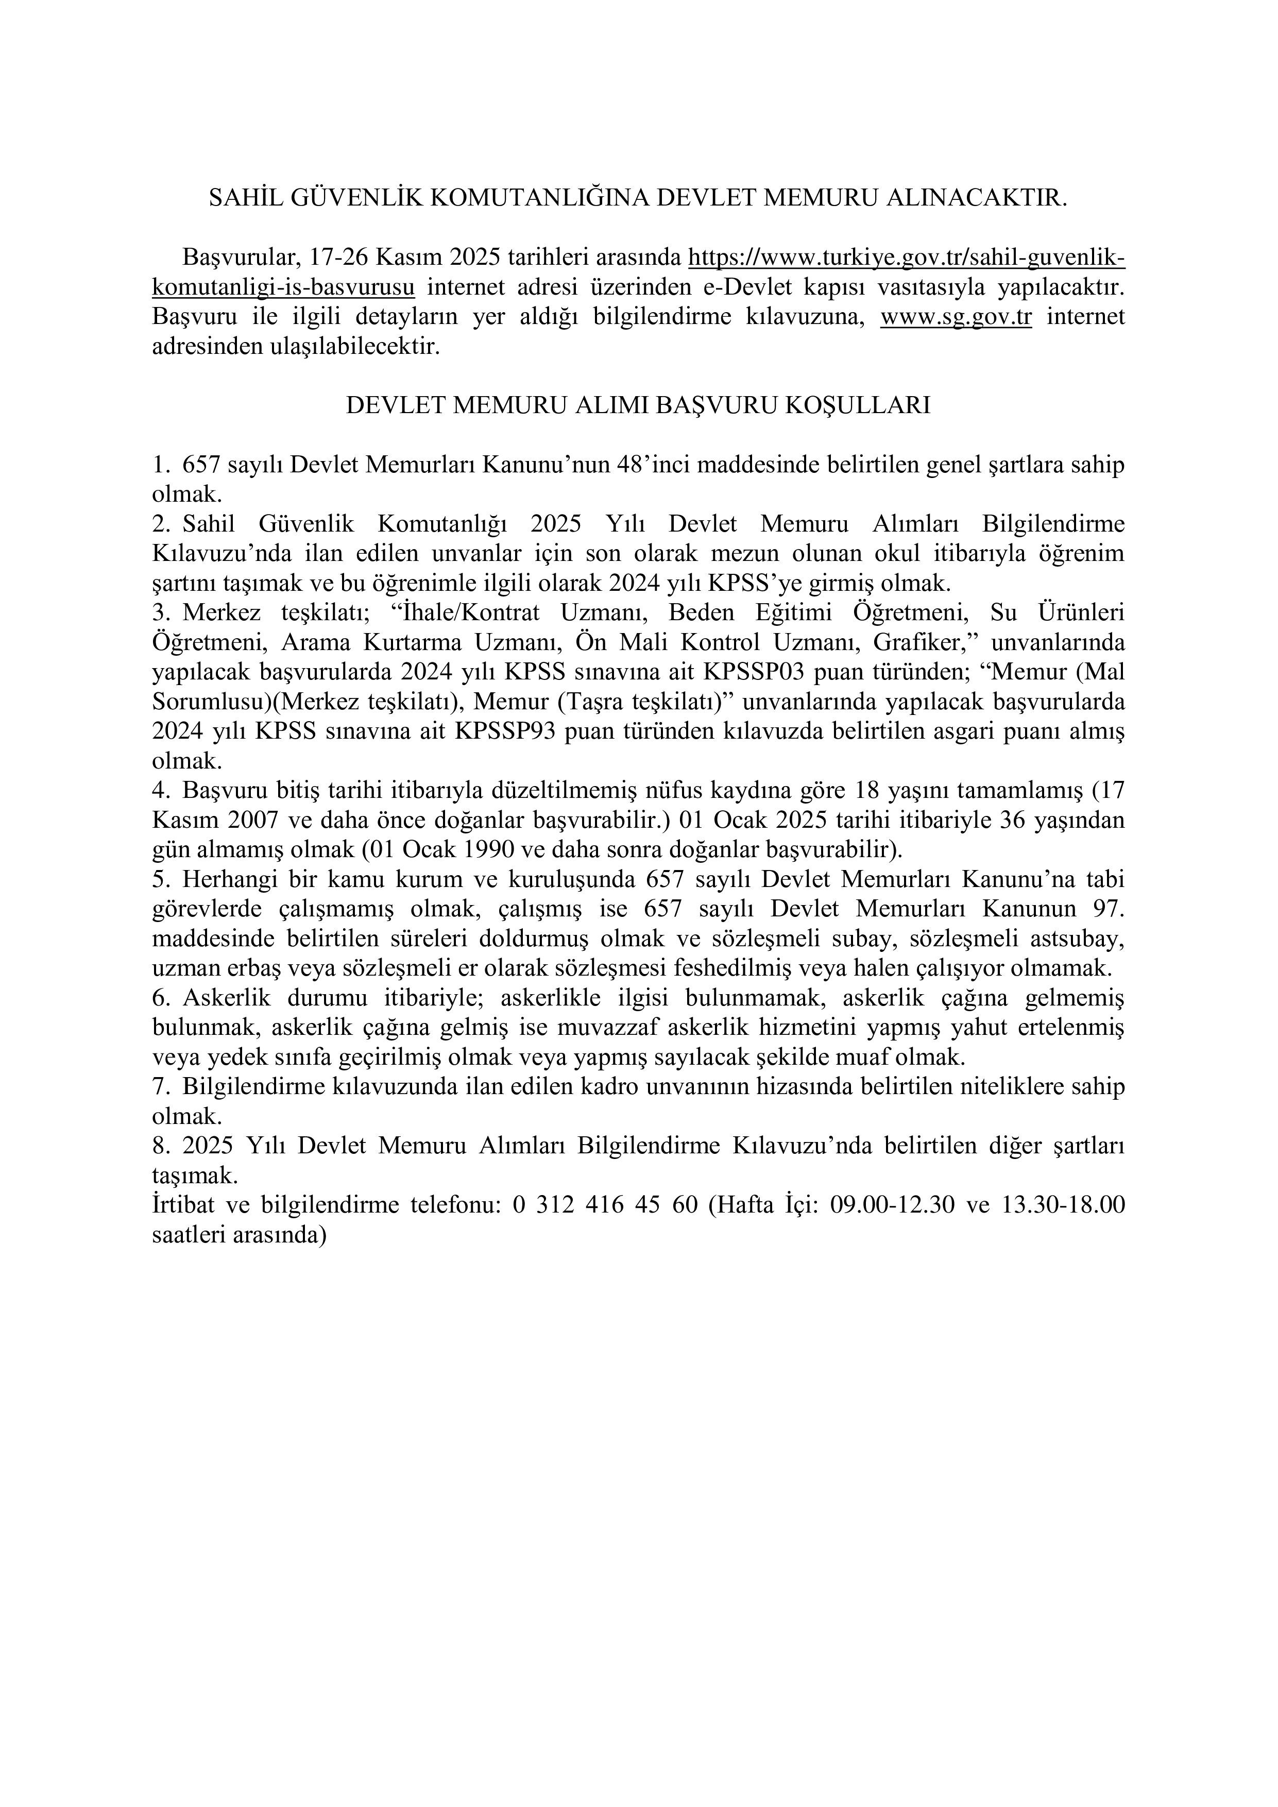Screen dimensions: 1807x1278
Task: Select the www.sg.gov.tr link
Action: coord(956,317)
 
